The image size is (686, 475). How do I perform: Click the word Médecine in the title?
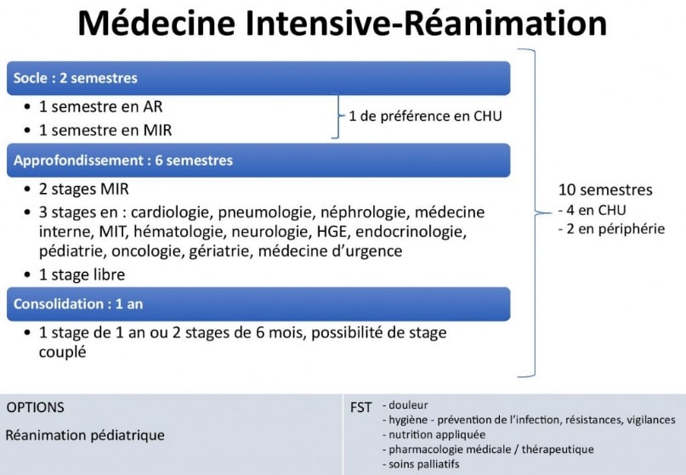pos(157,23)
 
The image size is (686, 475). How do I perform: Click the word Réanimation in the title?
pos(505,23)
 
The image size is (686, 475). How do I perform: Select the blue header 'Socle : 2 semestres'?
pos(258,78)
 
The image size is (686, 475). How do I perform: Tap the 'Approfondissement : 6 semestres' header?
pos(258,161)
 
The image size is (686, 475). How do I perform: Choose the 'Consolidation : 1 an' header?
pos(258,304)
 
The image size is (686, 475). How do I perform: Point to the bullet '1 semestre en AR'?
pos(100,106)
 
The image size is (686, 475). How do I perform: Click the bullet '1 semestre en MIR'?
pos(105,130)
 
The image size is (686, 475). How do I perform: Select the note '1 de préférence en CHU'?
pos(425,116)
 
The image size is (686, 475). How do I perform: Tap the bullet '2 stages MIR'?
pos(84,189)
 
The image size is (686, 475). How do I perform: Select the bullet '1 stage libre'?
pos(82,274)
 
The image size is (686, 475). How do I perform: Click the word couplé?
pos(62,352)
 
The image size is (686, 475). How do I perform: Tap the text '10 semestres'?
pos(605,189)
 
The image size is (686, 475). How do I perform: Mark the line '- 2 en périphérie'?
pos(611,229)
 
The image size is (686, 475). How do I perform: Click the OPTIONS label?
pos(36,407)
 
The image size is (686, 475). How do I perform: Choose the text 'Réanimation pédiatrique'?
pos(85,435)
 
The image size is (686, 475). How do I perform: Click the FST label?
pos(360,408)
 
